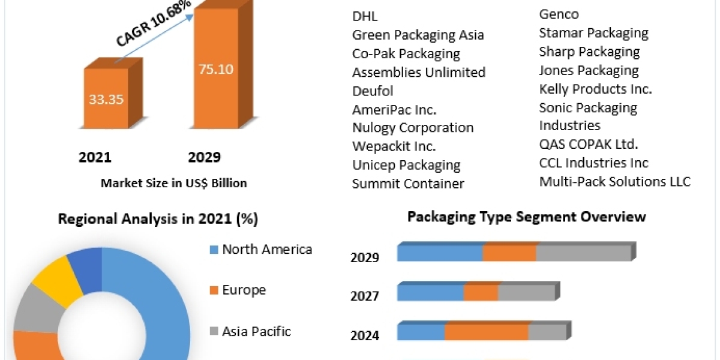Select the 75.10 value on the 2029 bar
[216, 68]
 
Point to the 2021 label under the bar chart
[95, 157]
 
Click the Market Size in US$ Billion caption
[173, 183]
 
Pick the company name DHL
[365, 16]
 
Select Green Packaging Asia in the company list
[418, 35]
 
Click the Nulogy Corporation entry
[412, 127]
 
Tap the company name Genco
[559, 14]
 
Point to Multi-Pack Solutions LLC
[614, 181]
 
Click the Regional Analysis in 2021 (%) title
[158, 219]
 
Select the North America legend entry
[266, 249]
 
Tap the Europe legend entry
[244, 290]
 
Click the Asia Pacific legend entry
[256, 331]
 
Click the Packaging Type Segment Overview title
[526, 217]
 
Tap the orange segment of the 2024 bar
[486, 332]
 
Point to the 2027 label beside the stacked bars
[365, 296]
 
